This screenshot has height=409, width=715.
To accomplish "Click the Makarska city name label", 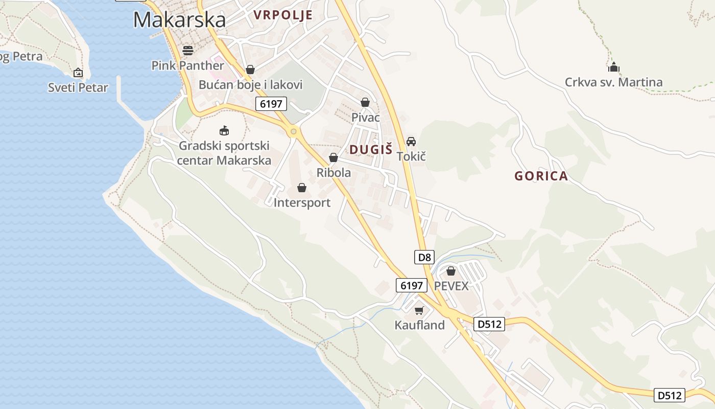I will [179, 20].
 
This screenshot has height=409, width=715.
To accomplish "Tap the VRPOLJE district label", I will [283, 15].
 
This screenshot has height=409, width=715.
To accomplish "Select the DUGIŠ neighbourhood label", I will [371, 149].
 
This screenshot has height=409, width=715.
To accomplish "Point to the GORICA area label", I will [541, 176].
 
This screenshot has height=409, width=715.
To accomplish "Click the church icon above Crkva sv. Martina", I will [613, 67].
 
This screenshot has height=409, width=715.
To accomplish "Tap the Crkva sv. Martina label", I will [613, 82].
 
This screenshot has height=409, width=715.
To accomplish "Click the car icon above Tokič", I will [411, 141].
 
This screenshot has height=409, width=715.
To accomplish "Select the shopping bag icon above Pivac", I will [365, 102].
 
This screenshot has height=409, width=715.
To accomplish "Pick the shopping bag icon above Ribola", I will [333, 157].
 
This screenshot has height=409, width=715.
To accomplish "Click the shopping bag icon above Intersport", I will [302, 188].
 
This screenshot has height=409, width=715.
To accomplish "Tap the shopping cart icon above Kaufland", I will [419, 310].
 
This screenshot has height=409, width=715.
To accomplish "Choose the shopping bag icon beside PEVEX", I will [451, 271].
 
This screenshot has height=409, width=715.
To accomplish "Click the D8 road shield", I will [425, 257].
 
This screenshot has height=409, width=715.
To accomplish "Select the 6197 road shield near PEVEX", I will [411, 286].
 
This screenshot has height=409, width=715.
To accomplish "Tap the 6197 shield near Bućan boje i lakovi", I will [271, 104].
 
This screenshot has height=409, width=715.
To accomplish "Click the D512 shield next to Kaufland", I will [489, 324].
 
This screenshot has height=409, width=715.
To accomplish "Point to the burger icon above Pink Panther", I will [188, 50].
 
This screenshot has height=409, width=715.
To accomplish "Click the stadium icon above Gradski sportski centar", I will [224, 131].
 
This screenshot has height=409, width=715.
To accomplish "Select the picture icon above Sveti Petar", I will [78, 73].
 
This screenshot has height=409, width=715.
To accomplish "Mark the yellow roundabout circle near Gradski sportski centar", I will [293, 132].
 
